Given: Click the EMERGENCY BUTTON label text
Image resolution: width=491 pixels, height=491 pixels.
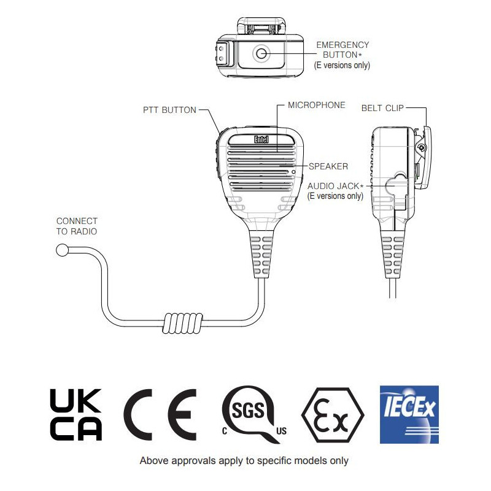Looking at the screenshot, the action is coord(342,50).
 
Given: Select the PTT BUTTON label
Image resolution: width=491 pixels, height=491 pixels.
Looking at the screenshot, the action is coord(169,110).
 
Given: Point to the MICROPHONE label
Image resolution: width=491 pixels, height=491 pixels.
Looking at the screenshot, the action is coord(316,105).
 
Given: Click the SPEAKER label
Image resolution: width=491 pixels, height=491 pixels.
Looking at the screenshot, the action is coord(328,166).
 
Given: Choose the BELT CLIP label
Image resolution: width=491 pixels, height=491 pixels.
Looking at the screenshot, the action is coord(382,108).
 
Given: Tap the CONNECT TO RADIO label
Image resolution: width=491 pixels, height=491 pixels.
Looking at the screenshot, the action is coord(77,226).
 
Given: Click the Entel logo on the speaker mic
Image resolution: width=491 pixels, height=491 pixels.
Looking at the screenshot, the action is coord(261,139).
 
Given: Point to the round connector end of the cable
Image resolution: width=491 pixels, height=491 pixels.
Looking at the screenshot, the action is coord(63,250).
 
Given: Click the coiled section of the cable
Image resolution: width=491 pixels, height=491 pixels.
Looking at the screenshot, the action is coord(182,323).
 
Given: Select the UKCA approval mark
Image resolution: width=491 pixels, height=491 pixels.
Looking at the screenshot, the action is coord(75,415).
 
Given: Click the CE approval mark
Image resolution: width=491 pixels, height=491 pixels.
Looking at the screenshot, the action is coord(160,415).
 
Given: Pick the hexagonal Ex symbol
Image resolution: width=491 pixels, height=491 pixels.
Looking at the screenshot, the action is coord(333,415).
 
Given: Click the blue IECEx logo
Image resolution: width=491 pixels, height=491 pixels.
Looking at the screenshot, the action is coord(409,415).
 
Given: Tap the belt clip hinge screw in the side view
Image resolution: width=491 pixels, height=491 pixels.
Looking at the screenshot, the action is coord(422,147).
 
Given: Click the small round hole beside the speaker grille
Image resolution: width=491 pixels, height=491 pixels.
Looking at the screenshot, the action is coord(293,172).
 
